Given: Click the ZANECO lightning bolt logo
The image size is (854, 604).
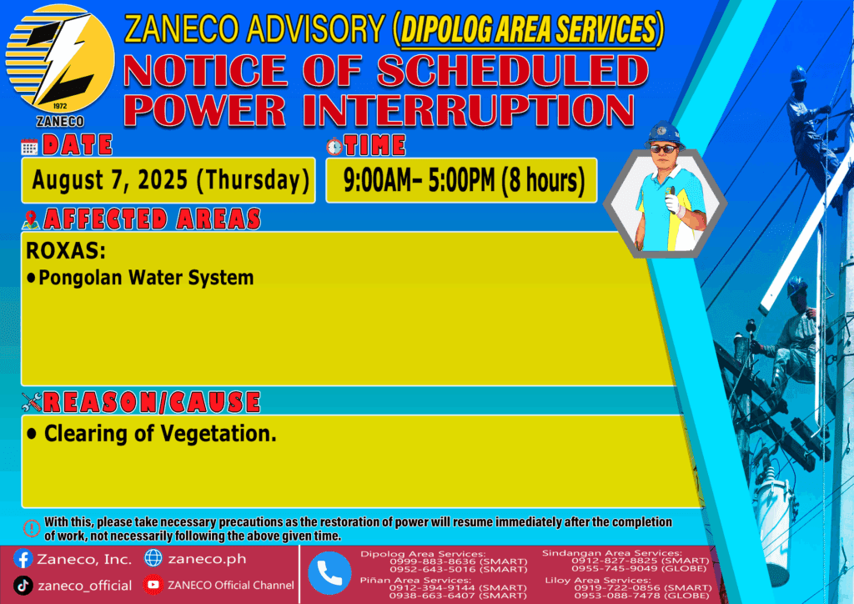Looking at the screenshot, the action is (x=60, y=59).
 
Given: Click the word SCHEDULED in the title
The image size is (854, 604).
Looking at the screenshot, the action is (x=512, y=71).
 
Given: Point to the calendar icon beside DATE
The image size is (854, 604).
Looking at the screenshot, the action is (x=29, y=147).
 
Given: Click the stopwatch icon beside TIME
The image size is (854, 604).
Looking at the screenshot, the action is (x=334, y=146).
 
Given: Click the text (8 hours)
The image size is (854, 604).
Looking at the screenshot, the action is (x=543, y=181).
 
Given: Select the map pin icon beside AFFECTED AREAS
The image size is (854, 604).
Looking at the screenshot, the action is (x=31, y=219).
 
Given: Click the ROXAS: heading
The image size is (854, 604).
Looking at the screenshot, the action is (x=65, y=250).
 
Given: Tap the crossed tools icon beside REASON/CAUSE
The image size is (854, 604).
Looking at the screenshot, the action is (x=32, y=402).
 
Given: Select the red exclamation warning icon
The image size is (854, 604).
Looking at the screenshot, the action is (x=32, y=528).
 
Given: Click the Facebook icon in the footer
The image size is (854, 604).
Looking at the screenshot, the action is (x=23, y=559).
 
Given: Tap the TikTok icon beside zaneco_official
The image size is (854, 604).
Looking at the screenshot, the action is (x=23, y=586).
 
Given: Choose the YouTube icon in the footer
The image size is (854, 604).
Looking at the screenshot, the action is (x=153, y=584).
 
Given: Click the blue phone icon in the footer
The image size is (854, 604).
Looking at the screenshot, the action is (x=329, y=573).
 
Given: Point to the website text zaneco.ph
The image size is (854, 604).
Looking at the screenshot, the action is (x=207, y=559).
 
